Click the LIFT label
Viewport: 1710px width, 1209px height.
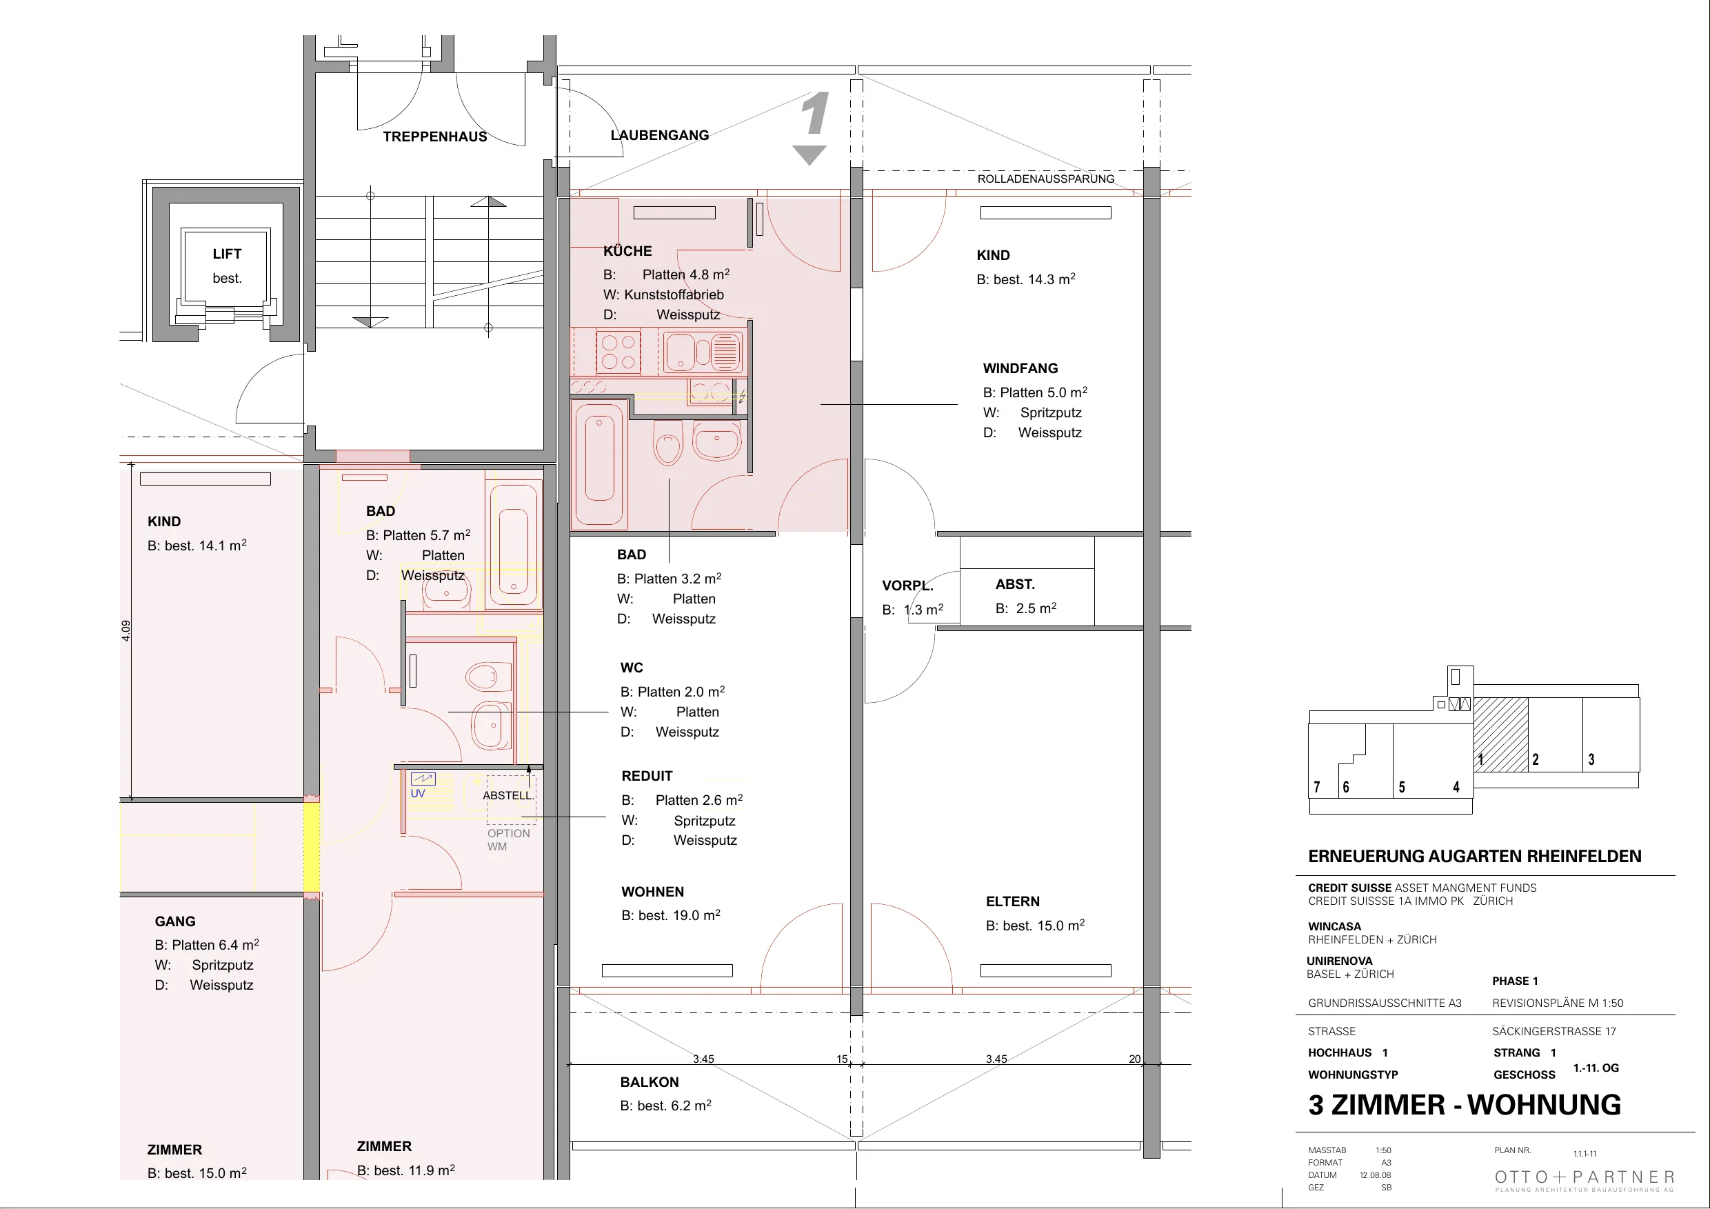coord(227,254)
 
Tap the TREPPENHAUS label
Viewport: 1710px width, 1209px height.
coord(435,137)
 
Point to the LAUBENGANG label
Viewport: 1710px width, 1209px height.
coord(660,134)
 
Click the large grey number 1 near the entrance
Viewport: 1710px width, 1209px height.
coord(815,114)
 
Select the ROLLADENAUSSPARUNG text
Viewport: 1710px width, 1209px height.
coord(1046,179)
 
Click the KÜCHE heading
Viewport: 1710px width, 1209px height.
coord(628,251)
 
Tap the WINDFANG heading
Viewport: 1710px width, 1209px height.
coord(1020,368)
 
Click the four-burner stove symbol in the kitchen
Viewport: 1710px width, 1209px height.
coord(618,352)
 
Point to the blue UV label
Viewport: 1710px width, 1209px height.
coord(418,793)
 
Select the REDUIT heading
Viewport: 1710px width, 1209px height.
coord(647,776)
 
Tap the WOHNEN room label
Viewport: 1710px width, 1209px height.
coord(652,892)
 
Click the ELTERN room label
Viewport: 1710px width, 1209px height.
coord(1013,901)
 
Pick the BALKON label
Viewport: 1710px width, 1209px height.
coord(650,1082)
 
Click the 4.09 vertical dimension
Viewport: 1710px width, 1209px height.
coord(126,630)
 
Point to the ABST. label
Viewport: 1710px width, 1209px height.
coord(1015,584)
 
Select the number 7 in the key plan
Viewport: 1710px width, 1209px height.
coord(1317,788)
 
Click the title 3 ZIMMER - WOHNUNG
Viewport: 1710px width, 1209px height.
coord(1465,1104)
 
